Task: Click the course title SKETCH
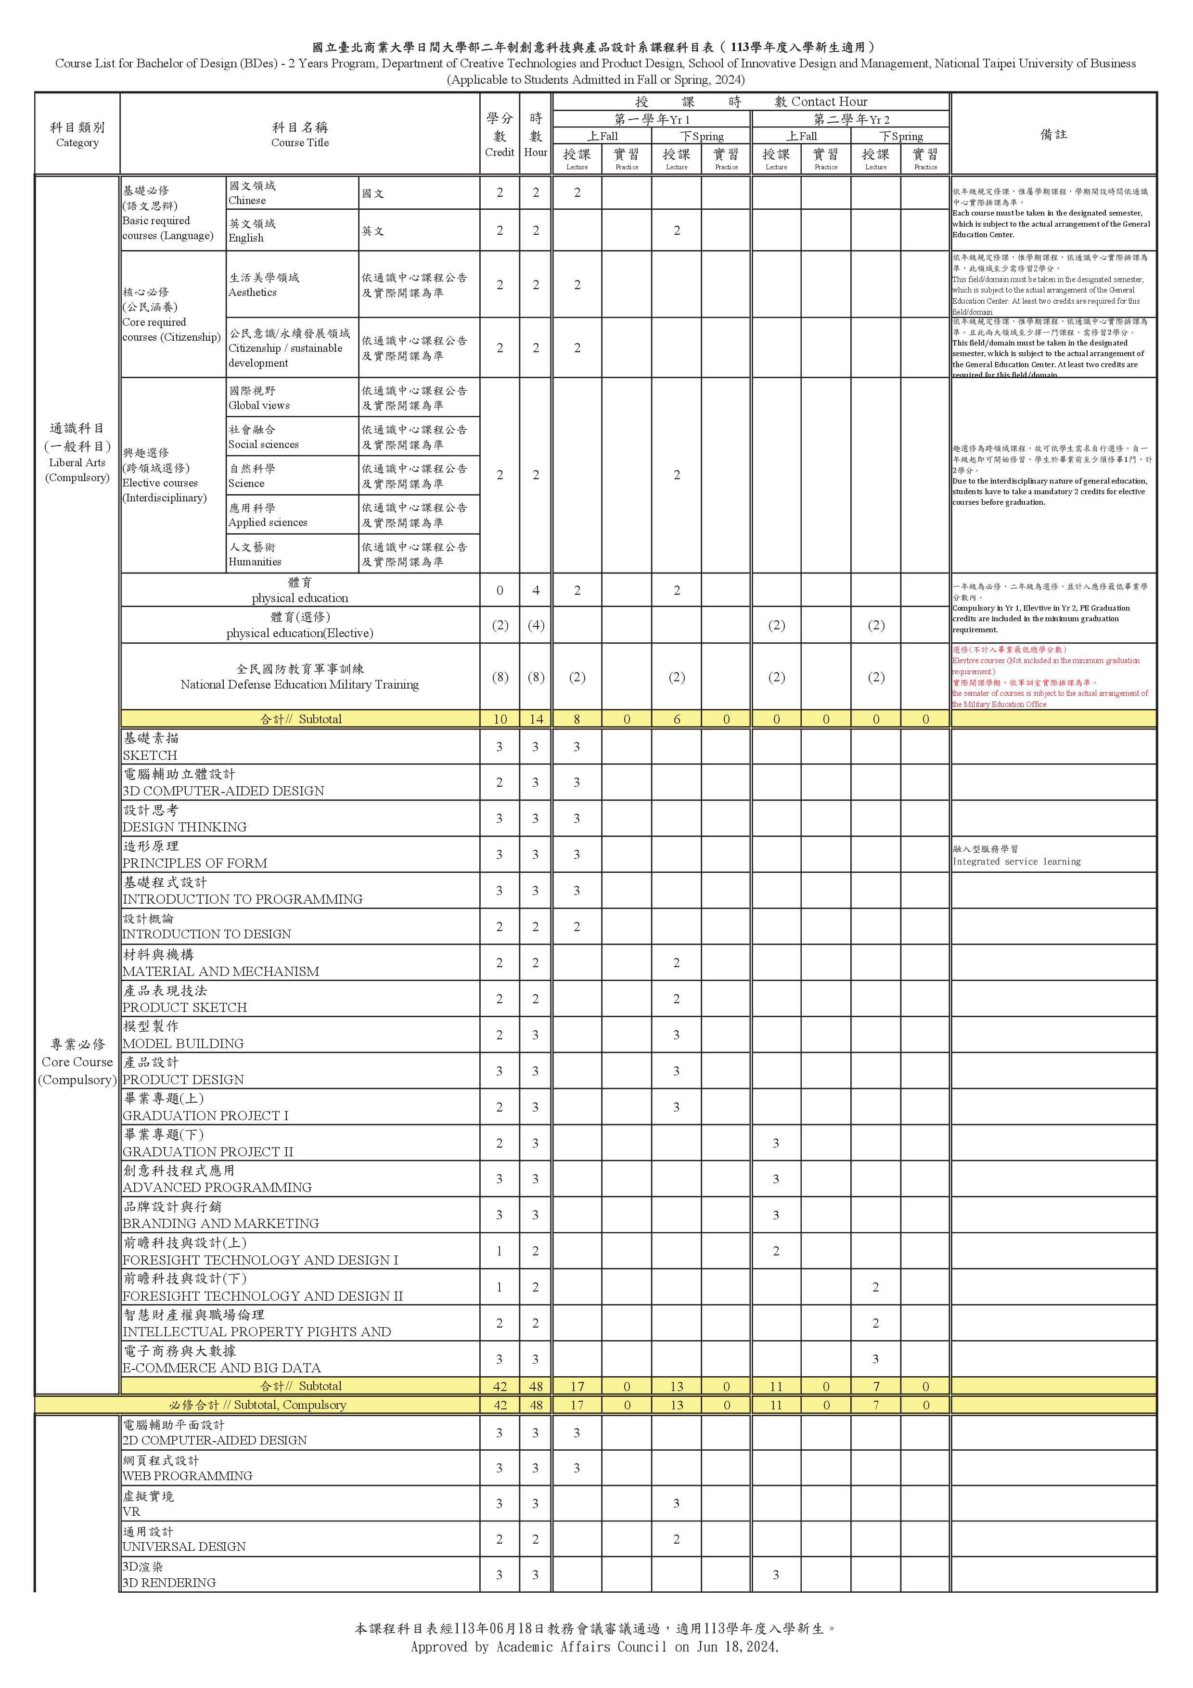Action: pos(150,755)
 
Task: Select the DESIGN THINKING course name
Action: pos(184,827)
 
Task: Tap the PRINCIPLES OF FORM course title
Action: pos(195,863)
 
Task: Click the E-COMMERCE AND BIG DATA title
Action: pos(222,1368)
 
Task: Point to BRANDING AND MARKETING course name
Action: pos(220,1223)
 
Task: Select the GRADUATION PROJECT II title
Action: pos(208,1151)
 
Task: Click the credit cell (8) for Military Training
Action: pos(500,677)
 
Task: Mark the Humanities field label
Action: pos(255,562)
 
